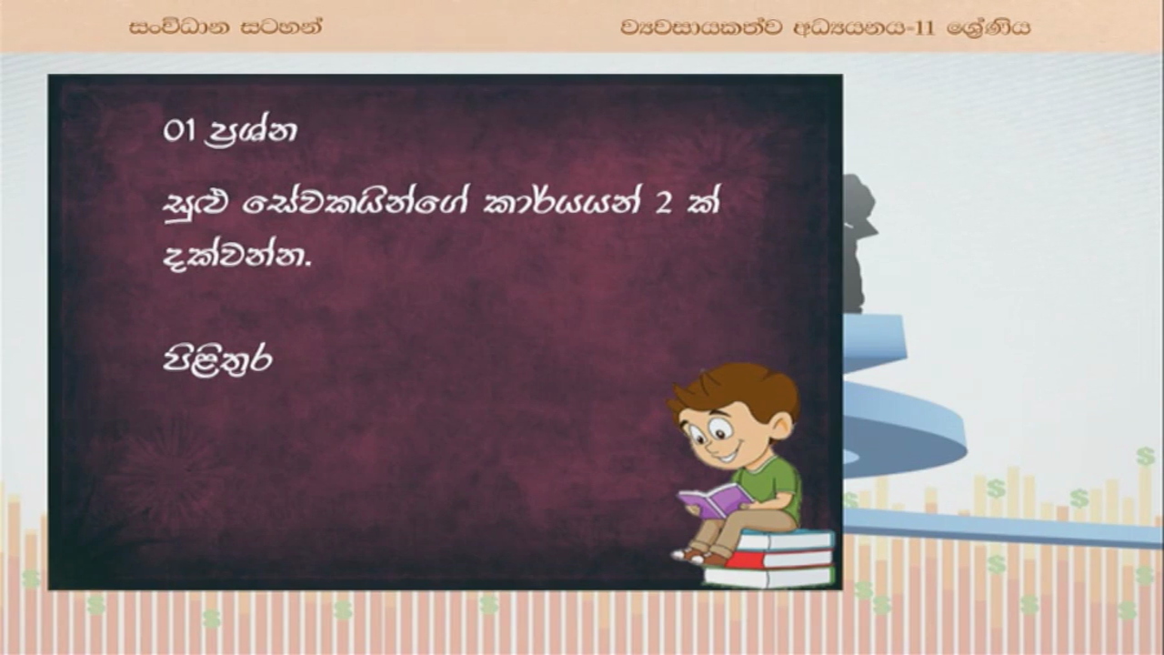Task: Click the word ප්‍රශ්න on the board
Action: (252, 133)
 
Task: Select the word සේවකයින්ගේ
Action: (356, 203)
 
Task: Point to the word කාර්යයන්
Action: (561, 203)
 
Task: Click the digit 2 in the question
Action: (665, 204)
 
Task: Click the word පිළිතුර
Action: (217, 359)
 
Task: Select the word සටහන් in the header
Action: (282, 27)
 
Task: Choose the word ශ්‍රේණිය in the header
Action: (988, 27)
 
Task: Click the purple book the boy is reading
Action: (716, 500)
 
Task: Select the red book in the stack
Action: (779, 559)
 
